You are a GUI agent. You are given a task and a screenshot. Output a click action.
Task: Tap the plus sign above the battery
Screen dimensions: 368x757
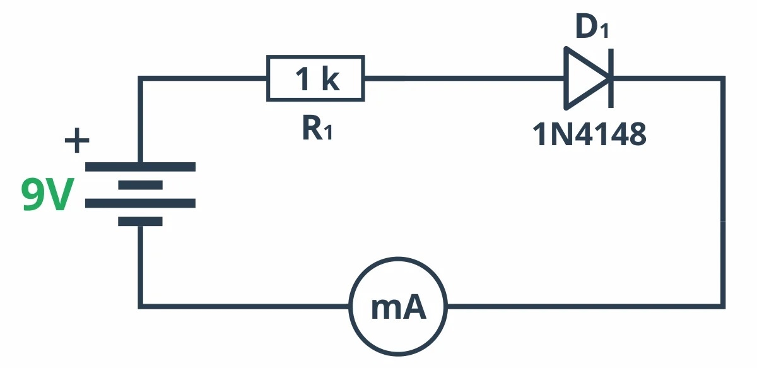pyautogui.click(x=77, y=141)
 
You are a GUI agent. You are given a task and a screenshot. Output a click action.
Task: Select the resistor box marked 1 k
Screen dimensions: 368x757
pyautogui.click(x=315, y=79)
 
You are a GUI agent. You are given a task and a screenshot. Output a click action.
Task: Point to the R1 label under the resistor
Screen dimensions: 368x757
pyautogui.click(x=317, y=129)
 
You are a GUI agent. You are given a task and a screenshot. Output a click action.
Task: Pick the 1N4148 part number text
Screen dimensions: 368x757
pyautogui.click(x=590, y=134)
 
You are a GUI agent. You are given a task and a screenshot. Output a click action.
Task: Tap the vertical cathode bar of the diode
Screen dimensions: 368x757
pyautogui.click(x=610, y=79)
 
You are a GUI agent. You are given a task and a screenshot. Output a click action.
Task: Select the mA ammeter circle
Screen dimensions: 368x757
pyautogui.click(x=397, y=307)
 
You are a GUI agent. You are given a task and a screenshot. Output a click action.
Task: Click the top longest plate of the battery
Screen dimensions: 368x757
pyautogui.click(x=140, y=167)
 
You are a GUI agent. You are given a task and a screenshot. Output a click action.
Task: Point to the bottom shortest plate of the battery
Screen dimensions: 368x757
pyautogui.click(x=140, y=222)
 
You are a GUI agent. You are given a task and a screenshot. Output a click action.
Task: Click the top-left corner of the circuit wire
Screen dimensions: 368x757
pyautogui.click(x=141, y=79)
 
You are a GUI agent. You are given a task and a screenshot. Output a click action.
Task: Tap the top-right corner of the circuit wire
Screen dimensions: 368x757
pyautogui.click(x=723, y=79)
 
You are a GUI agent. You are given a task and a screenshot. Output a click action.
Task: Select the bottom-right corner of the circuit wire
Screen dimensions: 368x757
pyautogui.click(x=723, y=307)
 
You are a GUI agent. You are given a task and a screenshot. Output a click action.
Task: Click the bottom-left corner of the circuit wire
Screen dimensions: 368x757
pyautogui.click(x=141, y=307)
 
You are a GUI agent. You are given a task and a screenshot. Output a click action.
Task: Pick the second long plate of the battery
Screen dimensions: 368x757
pyautogui.click(x=140, y=203)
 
